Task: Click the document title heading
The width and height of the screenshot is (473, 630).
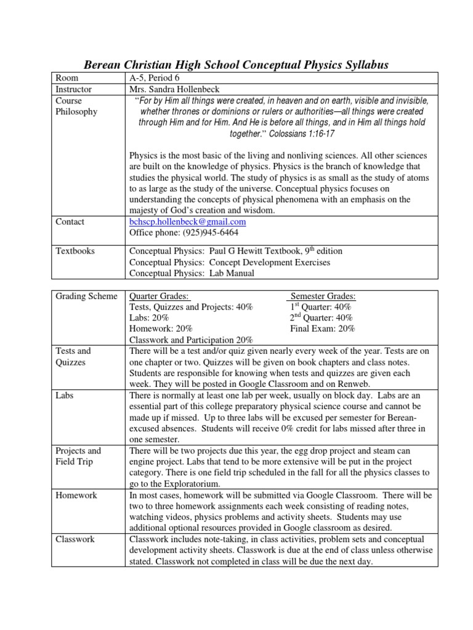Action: pyautogui.click(x=236, y=65)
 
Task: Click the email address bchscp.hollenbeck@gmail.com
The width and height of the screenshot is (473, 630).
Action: pyautogui.click(x=188, y=221)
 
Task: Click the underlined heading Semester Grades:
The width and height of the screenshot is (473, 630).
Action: pyautogui.click(x=323, y=296)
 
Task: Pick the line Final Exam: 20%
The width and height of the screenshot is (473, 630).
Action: pyautogui.click(x=322, y=329)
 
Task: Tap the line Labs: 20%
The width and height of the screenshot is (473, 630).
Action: pyautogui.click(x=148, y=317)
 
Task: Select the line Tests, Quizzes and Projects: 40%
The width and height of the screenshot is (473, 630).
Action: pyautogui.click(x=191, y=307)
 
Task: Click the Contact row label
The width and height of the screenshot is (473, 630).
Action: pyautogui.click(x=70, y=221)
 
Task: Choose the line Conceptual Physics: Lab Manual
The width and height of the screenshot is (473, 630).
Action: pyautogui.click(x=192, y=273)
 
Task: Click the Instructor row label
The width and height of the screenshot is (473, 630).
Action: pyautogui.click(x=73, y=89)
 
